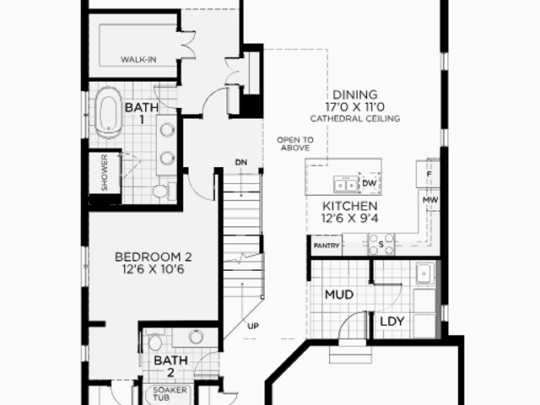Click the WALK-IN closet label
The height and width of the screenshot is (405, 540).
point(138,60)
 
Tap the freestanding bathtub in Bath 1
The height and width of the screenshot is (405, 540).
point(109,112)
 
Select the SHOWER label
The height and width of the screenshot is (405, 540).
point(105,172)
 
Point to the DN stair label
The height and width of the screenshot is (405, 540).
point(241,162)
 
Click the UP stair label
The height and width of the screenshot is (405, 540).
point(253,326)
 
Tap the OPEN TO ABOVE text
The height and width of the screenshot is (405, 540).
point(295,144)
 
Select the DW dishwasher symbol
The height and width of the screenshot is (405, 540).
point(370,183)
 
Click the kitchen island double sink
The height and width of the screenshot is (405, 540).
point(346,185)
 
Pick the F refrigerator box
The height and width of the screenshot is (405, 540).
point(428,174)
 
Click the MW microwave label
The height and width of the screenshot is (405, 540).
point(430,200)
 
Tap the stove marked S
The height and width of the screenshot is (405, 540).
point(381,244)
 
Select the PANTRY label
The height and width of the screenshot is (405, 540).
point(327,246)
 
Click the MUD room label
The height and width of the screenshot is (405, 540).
point(339,294)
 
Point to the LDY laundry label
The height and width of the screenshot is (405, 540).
point(391,321)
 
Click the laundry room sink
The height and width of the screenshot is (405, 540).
point(425,273)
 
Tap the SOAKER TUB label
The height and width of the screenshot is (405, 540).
point(170,394)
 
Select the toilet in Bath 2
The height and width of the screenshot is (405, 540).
point(154,340)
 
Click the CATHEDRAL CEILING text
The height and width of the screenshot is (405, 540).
point(355,119)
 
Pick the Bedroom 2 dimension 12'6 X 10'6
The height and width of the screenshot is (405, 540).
point(154,269)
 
